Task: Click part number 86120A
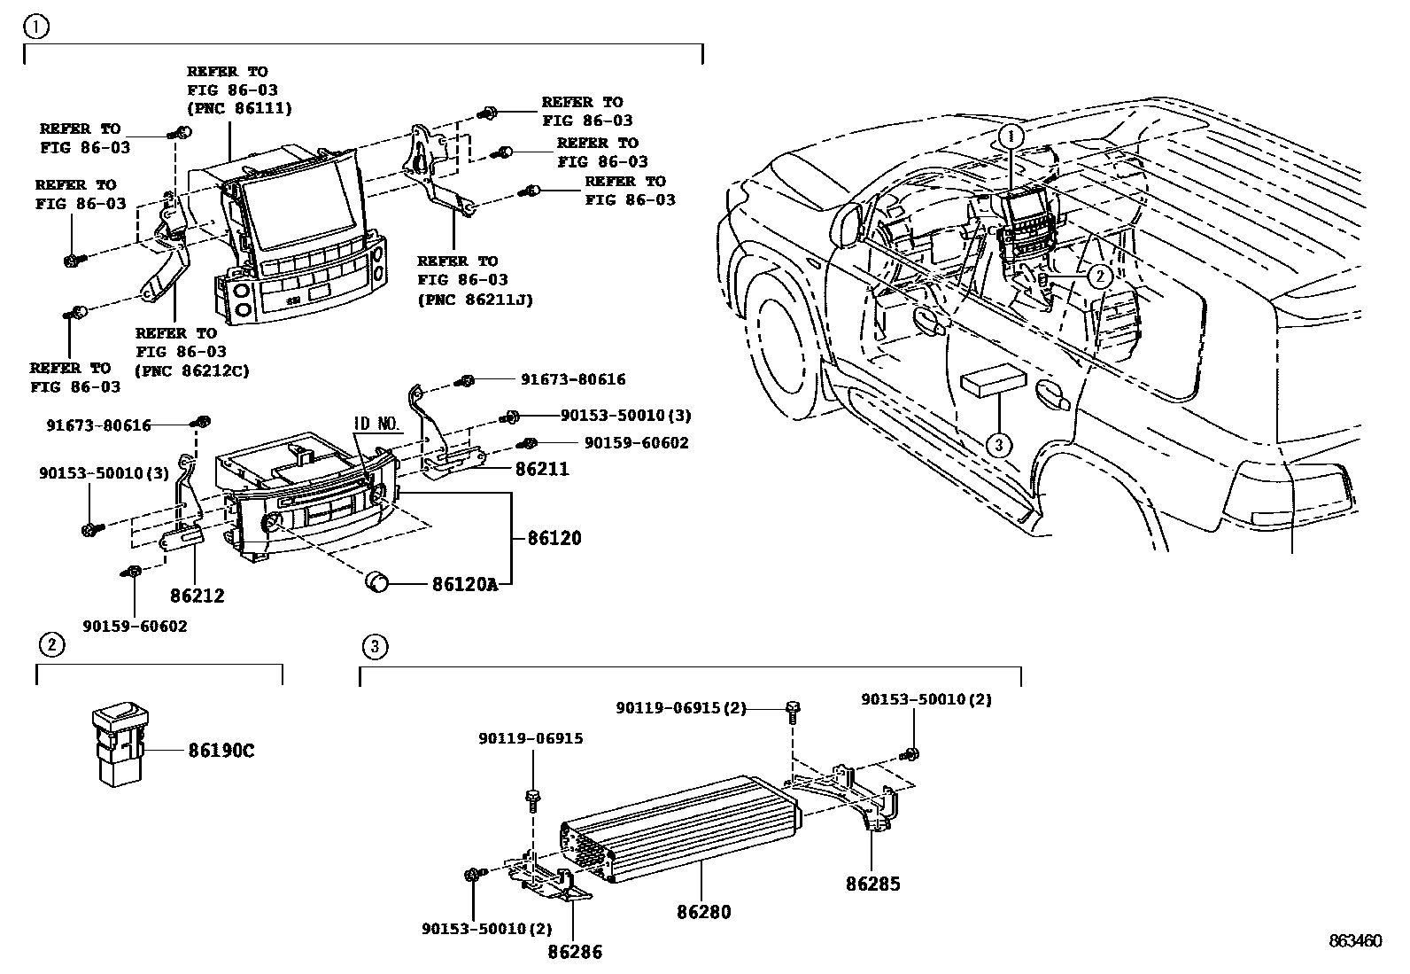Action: click(x=464, y=584)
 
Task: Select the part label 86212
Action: click(x=198, y=596)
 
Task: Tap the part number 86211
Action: click(x=542, y=469)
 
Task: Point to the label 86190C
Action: click(x=221, y=751)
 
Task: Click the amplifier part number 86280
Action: click(x=704, y=911)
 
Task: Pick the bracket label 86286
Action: click(x=575, y=952)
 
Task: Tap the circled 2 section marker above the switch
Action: click(x=51, y=644)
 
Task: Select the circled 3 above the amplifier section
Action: click(x=374, y=646)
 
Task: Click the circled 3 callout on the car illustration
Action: click(x=998, y=444)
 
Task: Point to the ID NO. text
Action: click(x=378, y=424)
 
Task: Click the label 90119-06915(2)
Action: click(x=681, y=707)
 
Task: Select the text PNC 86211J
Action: click(x=475, y=300)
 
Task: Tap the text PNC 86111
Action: click(x=239, y=109)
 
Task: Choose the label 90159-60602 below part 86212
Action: click(x=136, y=626)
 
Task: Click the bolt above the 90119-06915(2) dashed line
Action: click(x=792, y=707)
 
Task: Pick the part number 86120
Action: click(x=554, y=538)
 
